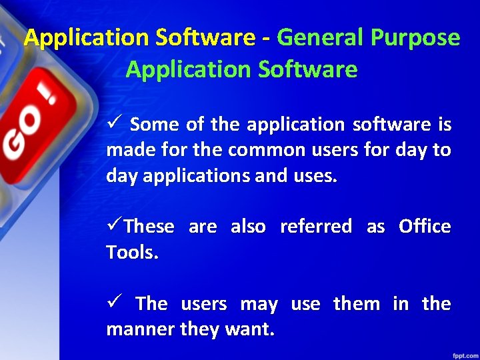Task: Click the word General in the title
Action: click(317, 38)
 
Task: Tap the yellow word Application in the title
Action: click(87, 38)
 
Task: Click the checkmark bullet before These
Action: click(114, 227)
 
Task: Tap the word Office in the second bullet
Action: click(425, 227)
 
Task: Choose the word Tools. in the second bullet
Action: click(133, 252)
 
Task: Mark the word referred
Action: click(315, 227)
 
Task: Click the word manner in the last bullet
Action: click(140, 329)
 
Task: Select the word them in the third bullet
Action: click(356, 304)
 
